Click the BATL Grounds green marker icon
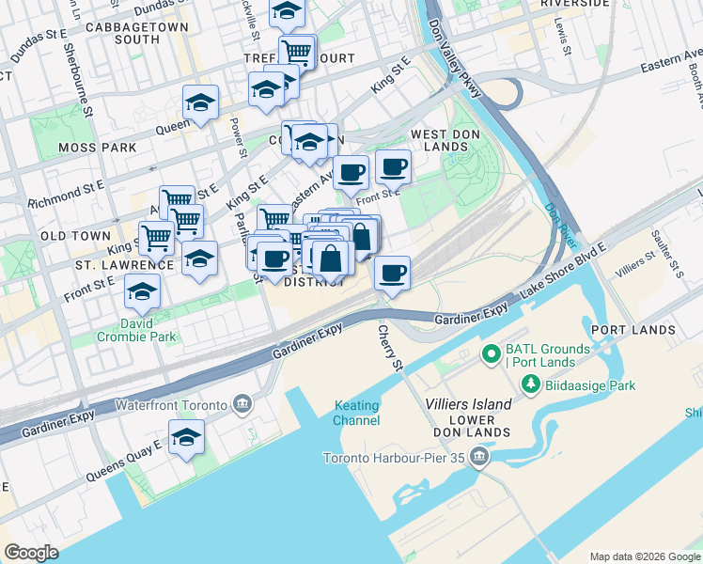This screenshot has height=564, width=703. click(x=490, y=355)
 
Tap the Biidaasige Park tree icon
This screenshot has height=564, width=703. click(x=530, y=385)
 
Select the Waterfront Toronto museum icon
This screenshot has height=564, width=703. click(x=242, y=405)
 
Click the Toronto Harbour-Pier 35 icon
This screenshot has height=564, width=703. click(x=480, y=458)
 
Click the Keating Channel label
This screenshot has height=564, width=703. click(x=356, y=413)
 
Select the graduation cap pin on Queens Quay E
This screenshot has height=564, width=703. click(x=186, y=438)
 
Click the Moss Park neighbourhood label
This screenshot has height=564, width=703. click(x=97, y=148)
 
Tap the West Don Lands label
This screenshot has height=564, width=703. click(x=439, y=140)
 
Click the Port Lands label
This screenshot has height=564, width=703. click(x=633, y=330)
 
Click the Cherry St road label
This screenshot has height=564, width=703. click(x=390, y=348)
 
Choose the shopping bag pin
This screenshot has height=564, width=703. click(x=333, y=257)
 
